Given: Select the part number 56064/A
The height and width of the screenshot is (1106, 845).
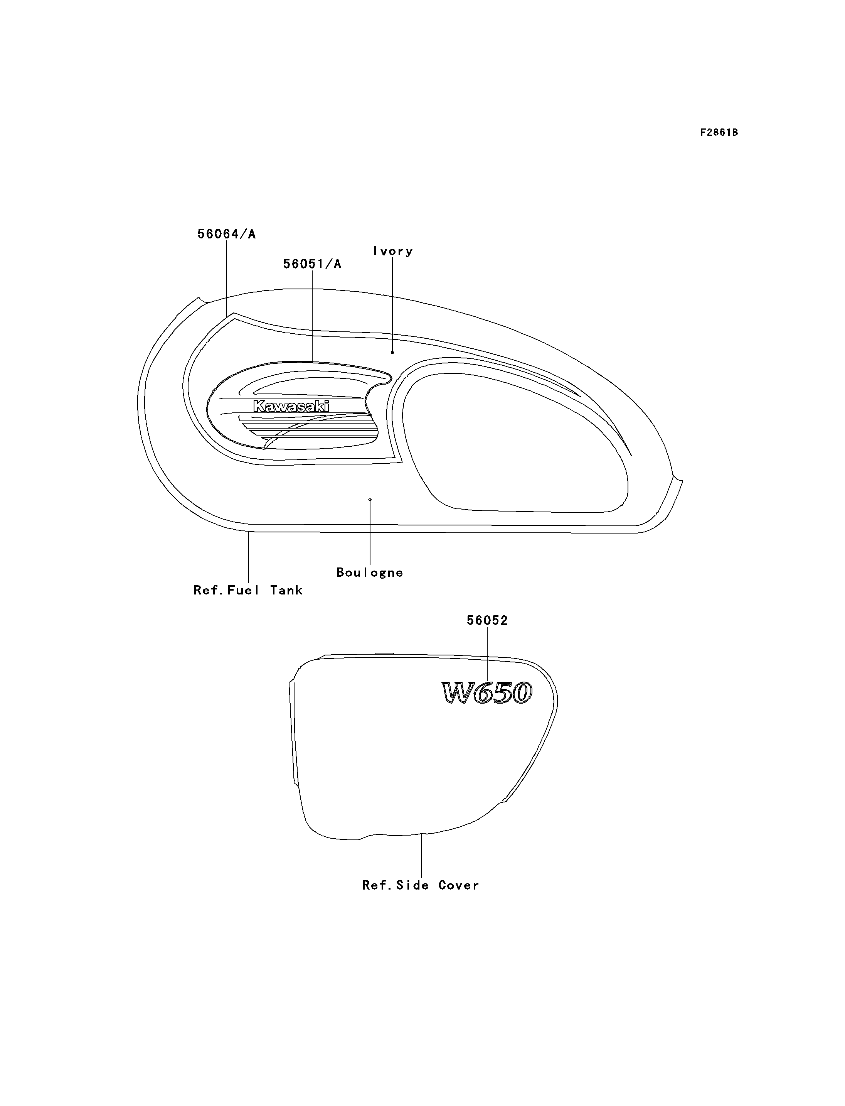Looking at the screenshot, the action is point(226,234).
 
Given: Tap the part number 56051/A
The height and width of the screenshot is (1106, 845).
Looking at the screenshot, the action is point(312,264).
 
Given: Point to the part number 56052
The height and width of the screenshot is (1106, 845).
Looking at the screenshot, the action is point(487,621).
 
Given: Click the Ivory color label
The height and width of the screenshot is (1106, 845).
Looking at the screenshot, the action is point(393,251).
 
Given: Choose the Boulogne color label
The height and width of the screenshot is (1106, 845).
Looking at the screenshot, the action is point(370,572).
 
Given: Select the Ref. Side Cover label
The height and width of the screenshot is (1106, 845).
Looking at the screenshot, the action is point(421,885).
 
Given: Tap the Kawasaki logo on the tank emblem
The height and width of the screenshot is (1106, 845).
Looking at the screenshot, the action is point(291,406).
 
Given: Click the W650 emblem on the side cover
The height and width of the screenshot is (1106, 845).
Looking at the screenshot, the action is point(487,693).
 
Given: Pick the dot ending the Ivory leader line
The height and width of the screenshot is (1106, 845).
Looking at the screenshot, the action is point(392,352).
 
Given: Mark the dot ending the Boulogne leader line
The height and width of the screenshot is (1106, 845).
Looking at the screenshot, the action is point(370,500).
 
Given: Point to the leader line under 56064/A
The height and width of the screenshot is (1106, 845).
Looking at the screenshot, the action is point(226,279).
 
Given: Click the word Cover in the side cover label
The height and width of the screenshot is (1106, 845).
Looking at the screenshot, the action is point(458,885).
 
